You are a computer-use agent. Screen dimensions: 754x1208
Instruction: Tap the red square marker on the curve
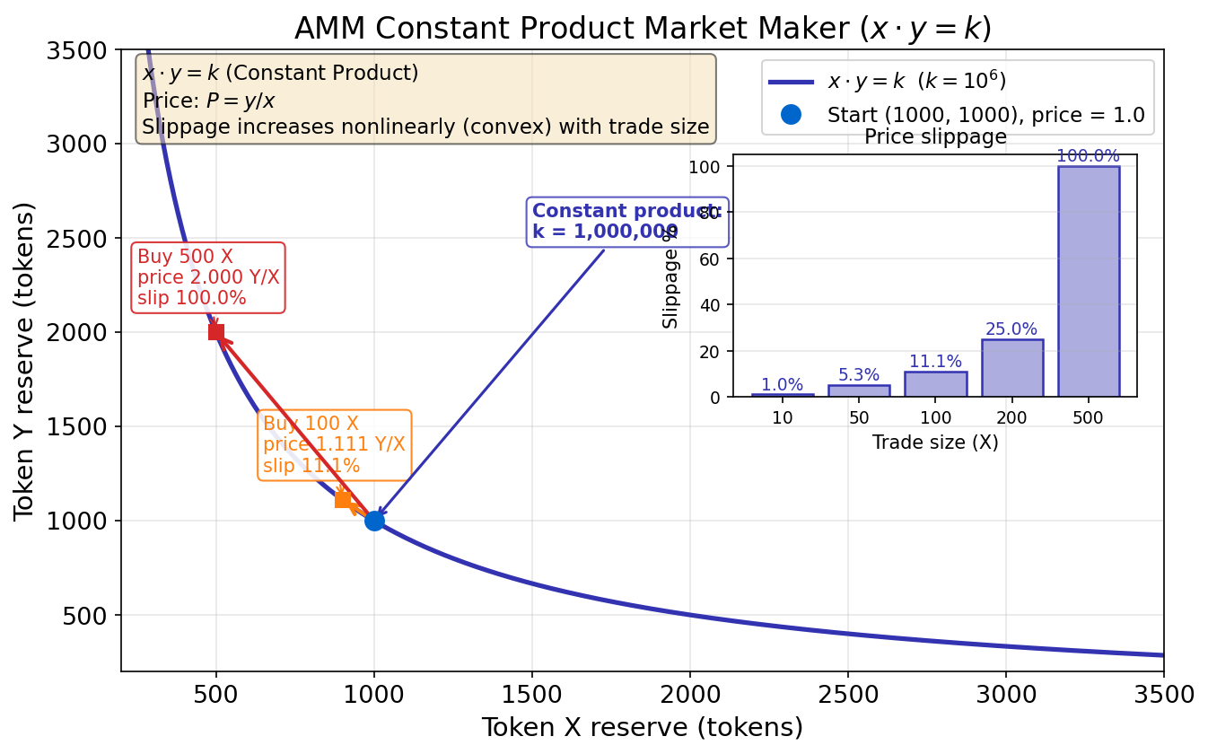[x=216, y=332]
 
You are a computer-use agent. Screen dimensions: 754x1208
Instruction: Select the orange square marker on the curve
[x=343, y=499]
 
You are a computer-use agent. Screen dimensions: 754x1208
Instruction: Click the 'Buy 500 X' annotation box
[x=208, y=277]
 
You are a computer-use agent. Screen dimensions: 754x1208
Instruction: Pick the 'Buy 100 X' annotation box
[x=334, y=445]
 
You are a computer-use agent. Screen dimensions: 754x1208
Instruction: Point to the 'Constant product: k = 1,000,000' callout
[x=626, y=222]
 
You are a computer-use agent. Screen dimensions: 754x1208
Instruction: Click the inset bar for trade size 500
[x=1088, y=282]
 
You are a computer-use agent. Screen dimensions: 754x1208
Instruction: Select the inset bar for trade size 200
[x=1011, y=368]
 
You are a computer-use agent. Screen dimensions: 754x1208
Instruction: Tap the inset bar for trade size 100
[x=935, y=384]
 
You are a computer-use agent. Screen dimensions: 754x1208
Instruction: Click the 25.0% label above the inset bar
[x=1011, y=329]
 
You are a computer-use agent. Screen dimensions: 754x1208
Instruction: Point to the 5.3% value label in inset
[x=859, y=375]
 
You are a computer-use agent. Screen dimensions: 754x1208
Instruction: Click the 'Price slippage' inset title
[x=935, y=137]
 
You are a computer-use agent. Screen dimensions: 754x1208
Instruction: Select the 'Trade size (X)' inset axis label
[x=935, y=443]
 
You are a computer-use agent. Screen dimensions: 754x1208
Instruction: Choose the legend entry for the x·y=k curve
[x=915, y=82]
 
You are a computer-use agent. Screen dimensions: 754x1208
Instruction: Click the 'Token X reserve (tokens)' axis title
[x=642, y=727]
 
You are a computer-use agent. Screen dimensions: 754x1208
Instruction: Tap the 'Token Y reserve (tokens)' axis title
[x=25, y=361]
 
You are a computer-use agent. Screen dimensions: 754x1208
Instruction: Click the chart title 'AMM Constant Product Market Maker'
[x=642, y=29]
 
